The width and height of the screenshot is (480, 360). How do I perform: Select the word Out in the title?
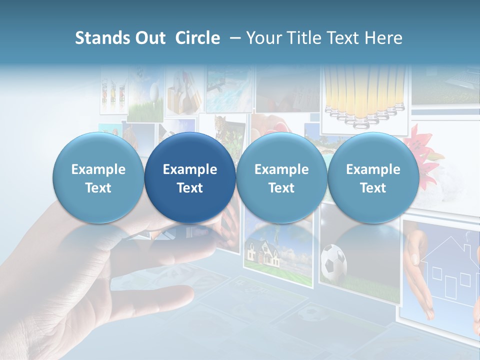click(x=149, y=38)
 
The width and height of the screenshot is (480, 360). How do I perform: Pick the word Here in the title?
click(x=383, y=38)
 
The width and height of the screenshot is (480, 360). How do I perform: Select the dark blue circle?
click(x=190, y=177)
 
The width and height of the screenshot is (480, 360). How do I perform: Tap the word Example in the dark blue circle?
click(x=190, y=169)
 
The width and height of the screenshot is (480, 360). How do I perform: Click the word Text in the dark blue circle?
click(x=190, y=188)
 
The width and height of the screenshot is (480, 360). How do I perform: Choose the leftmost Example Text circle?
click(x=98, y=177)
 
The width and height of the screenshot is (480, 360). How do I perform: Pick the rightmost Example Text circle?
click(x=373, y=177)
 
